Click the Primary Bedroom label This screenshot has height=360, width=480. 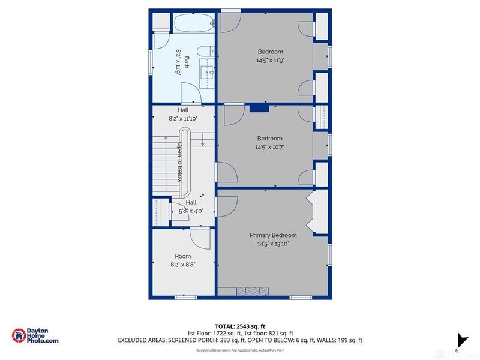pos(273,235)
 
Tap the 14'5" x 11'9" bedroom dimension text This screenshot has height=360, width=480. pos(270,60)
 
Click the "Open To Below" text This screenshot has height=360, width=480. pos(179,162)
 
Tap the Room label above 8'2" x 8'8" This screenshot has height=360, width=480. pos(182,256)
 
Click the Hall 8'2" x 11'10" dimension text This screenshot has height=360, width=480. pos(182,119)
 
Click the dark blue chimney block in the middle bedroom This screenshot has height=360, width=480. pos(259,108)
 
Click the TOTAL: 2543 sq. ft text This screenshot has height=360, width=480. pos(240,325)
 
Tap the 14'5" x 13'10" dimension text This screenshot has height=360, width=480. pos(273,244)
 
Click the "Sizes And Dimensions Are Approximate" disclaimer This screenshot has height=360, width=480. pos(240,349)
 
